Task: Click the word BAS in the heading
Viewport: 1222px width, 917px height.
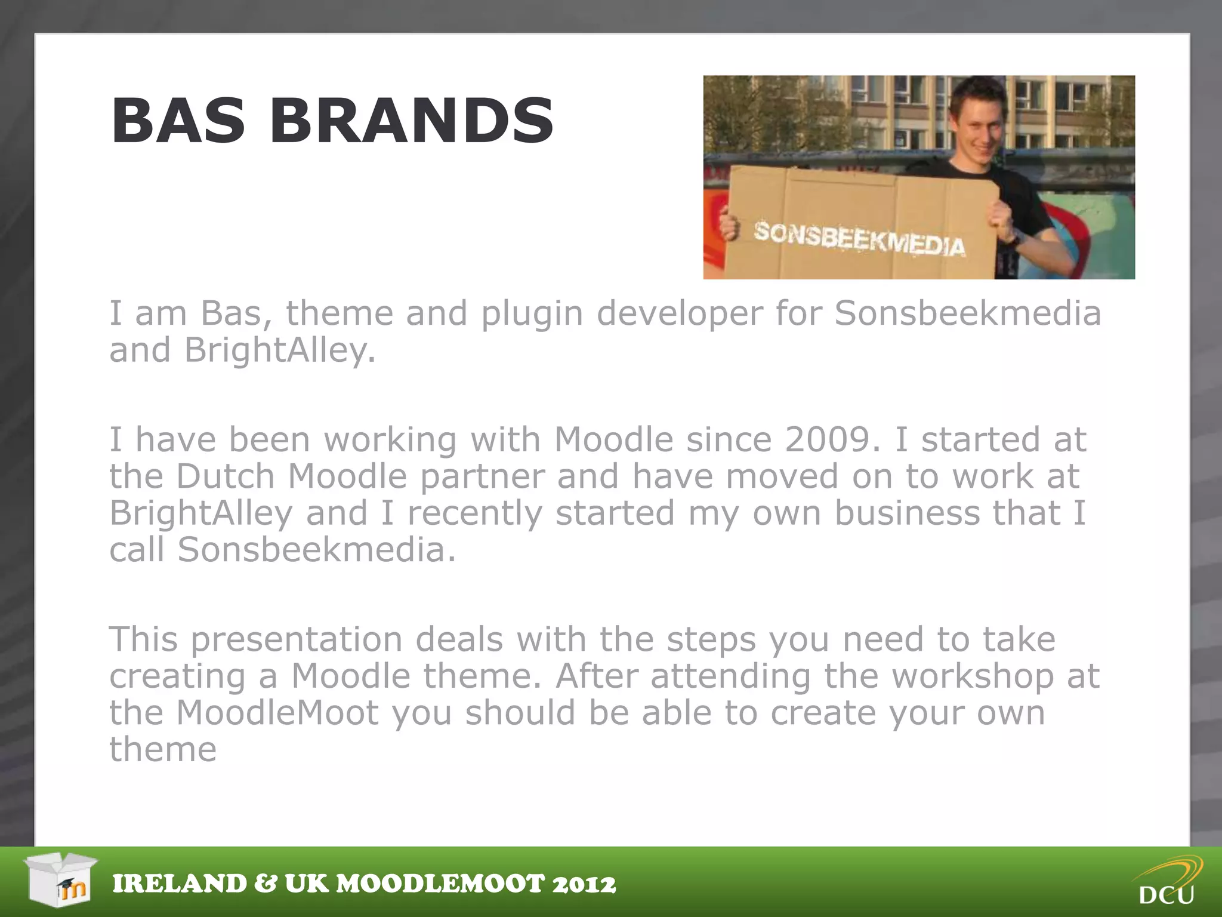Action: pyautogui.click(x=178, y=121)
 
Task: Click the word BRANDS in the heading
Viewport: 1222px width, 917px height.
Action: pyautogui.click(x=412, y=121)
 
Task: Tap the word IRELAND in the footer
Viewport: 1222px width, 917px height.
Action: pyautogui.click(x=180, y=884)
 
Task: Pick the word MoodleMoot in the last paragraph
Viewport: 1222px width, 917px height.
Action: pyautogui.click(x=277, y=713)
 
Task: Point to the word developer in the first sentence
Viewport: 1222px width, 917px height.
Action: pyautogui.click(x=680, y=313)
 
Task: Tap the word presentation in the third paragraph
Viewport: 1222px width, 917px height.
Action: pyautogui.click(x=297, y=640)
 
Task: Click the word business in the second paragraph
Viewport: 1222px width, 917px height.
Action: pyautogui.click(x=907, y=513)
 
